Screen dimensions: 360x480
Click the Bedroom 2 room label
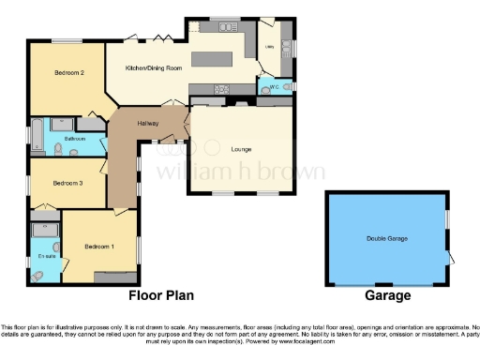tap(69, 72)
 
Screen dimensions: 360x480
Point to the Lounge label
tap(241, 149)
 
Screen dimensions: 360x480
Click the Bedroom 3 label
tap(68, 183)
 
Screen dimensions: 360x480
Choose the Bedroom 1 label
tap(98, 247)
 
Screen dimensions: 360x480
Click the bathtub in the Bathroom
tap(36, 137)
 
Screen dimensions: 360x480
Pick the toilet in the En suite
tap(37, 275)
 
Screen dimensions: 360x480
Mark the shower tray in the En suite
tap(46, 229)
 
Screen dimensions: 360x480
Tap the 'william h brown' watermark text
tap(240, 172)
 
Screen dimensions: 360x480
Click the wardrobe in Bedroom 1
tap(114, 277)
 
